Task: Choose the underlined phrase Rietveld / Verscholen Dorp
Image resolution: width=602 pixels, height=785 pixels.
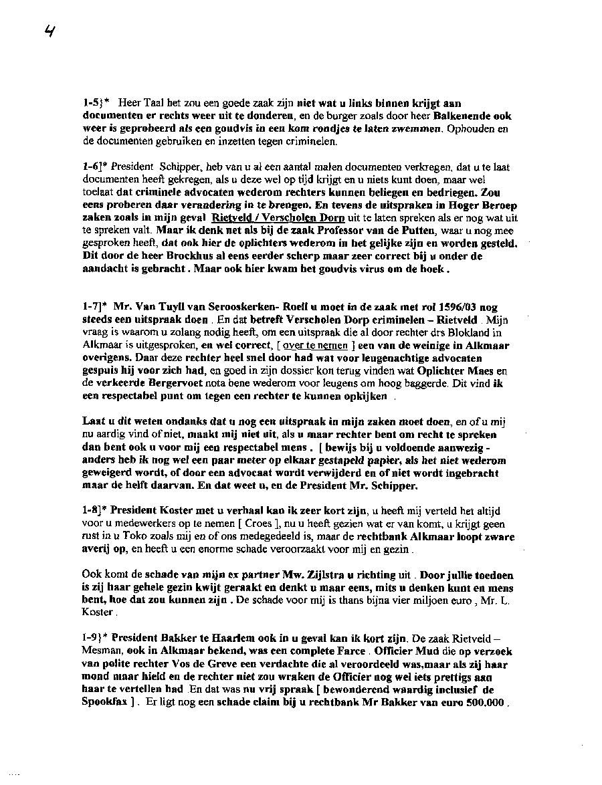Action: point(278,218)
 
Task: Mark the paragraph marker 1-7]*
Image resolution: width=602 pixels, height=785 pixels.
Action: point(96,307)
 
